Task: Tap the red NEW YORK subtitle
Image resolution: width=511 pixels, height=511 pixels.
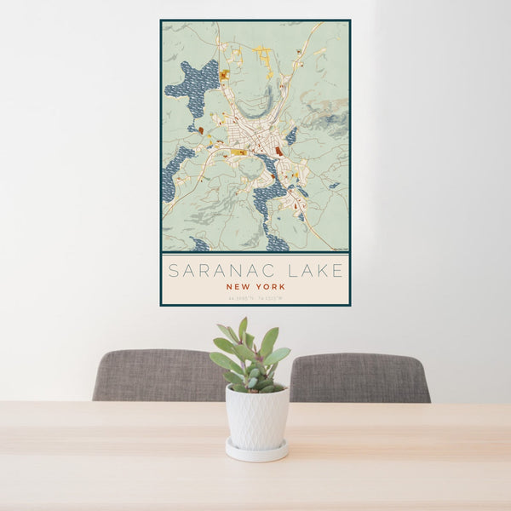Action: click(x=255, y=287)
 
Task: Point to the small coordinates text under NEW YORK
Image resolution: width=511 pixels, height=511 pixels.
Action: click(x=255, y=297)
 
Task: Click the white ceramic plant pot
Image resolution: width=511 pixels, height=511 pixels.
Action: click(x=256, y=416)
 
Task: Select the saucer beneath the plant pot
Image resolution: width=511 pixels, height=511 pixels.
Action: click(x=256, y=452)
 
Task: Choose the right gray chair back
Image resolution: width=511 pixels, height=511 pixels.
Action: click(x=359, y=377)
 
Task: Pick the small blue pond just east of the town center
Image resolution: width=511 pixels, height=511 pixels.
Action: click(x=292, y=135)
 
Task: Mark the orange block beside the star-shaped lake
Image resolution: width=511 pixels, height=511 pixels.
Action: click(x=223, y=76)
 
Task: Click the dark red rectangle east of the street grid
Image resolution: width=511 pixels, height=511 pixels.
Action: click(x=278, y=151)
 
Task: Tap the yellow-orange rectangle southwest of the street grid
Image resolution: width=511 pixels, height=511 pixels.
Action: click(x=238, y=152)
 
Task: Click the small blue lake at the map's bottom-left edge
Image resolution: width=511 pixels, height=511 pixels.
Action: click(x=200, y=245)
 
